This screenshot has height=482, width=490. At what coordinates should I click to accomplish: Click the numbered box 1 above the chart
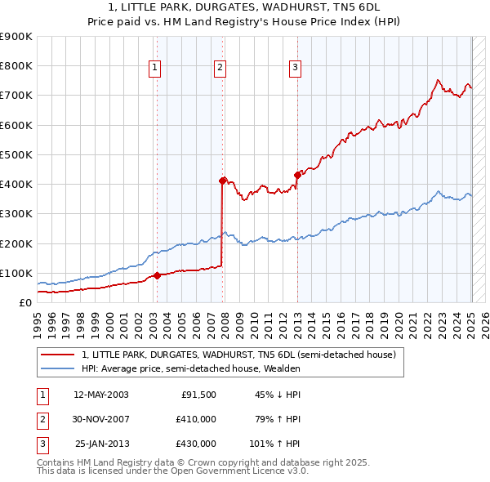pyautogui.click(x=155, y=69)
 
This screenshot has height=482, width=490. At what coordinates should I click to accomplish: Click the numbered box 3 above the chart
pyautogui.click(x=295, y=69)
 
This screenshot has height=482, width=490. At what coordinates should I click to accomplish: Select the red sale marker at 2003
pyautogui.click(x=157, y=275)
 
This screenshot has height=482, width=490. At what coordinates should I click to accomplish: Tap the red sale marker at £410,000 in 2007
pyautogui.click(x=222, y=181)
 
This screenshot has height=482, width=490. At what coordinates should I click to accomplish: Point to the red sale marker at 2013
pyautogui.click(x=297, y=175)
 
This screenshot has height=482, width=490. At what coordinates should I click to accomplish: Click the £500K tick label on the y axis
pyautogui.click(x=16, y=154)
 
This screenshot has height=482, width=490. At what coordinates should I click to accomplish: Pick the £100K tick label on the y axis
pyautogui.click(x=16, y=273)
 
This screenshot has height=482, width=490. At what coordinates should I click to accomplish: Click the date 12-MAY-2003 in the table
pyautogui.click(x=101, y=395)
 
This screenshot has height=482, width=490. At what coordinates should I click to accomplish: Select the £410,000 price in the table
pyautogui.click(x=197, y=419)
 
